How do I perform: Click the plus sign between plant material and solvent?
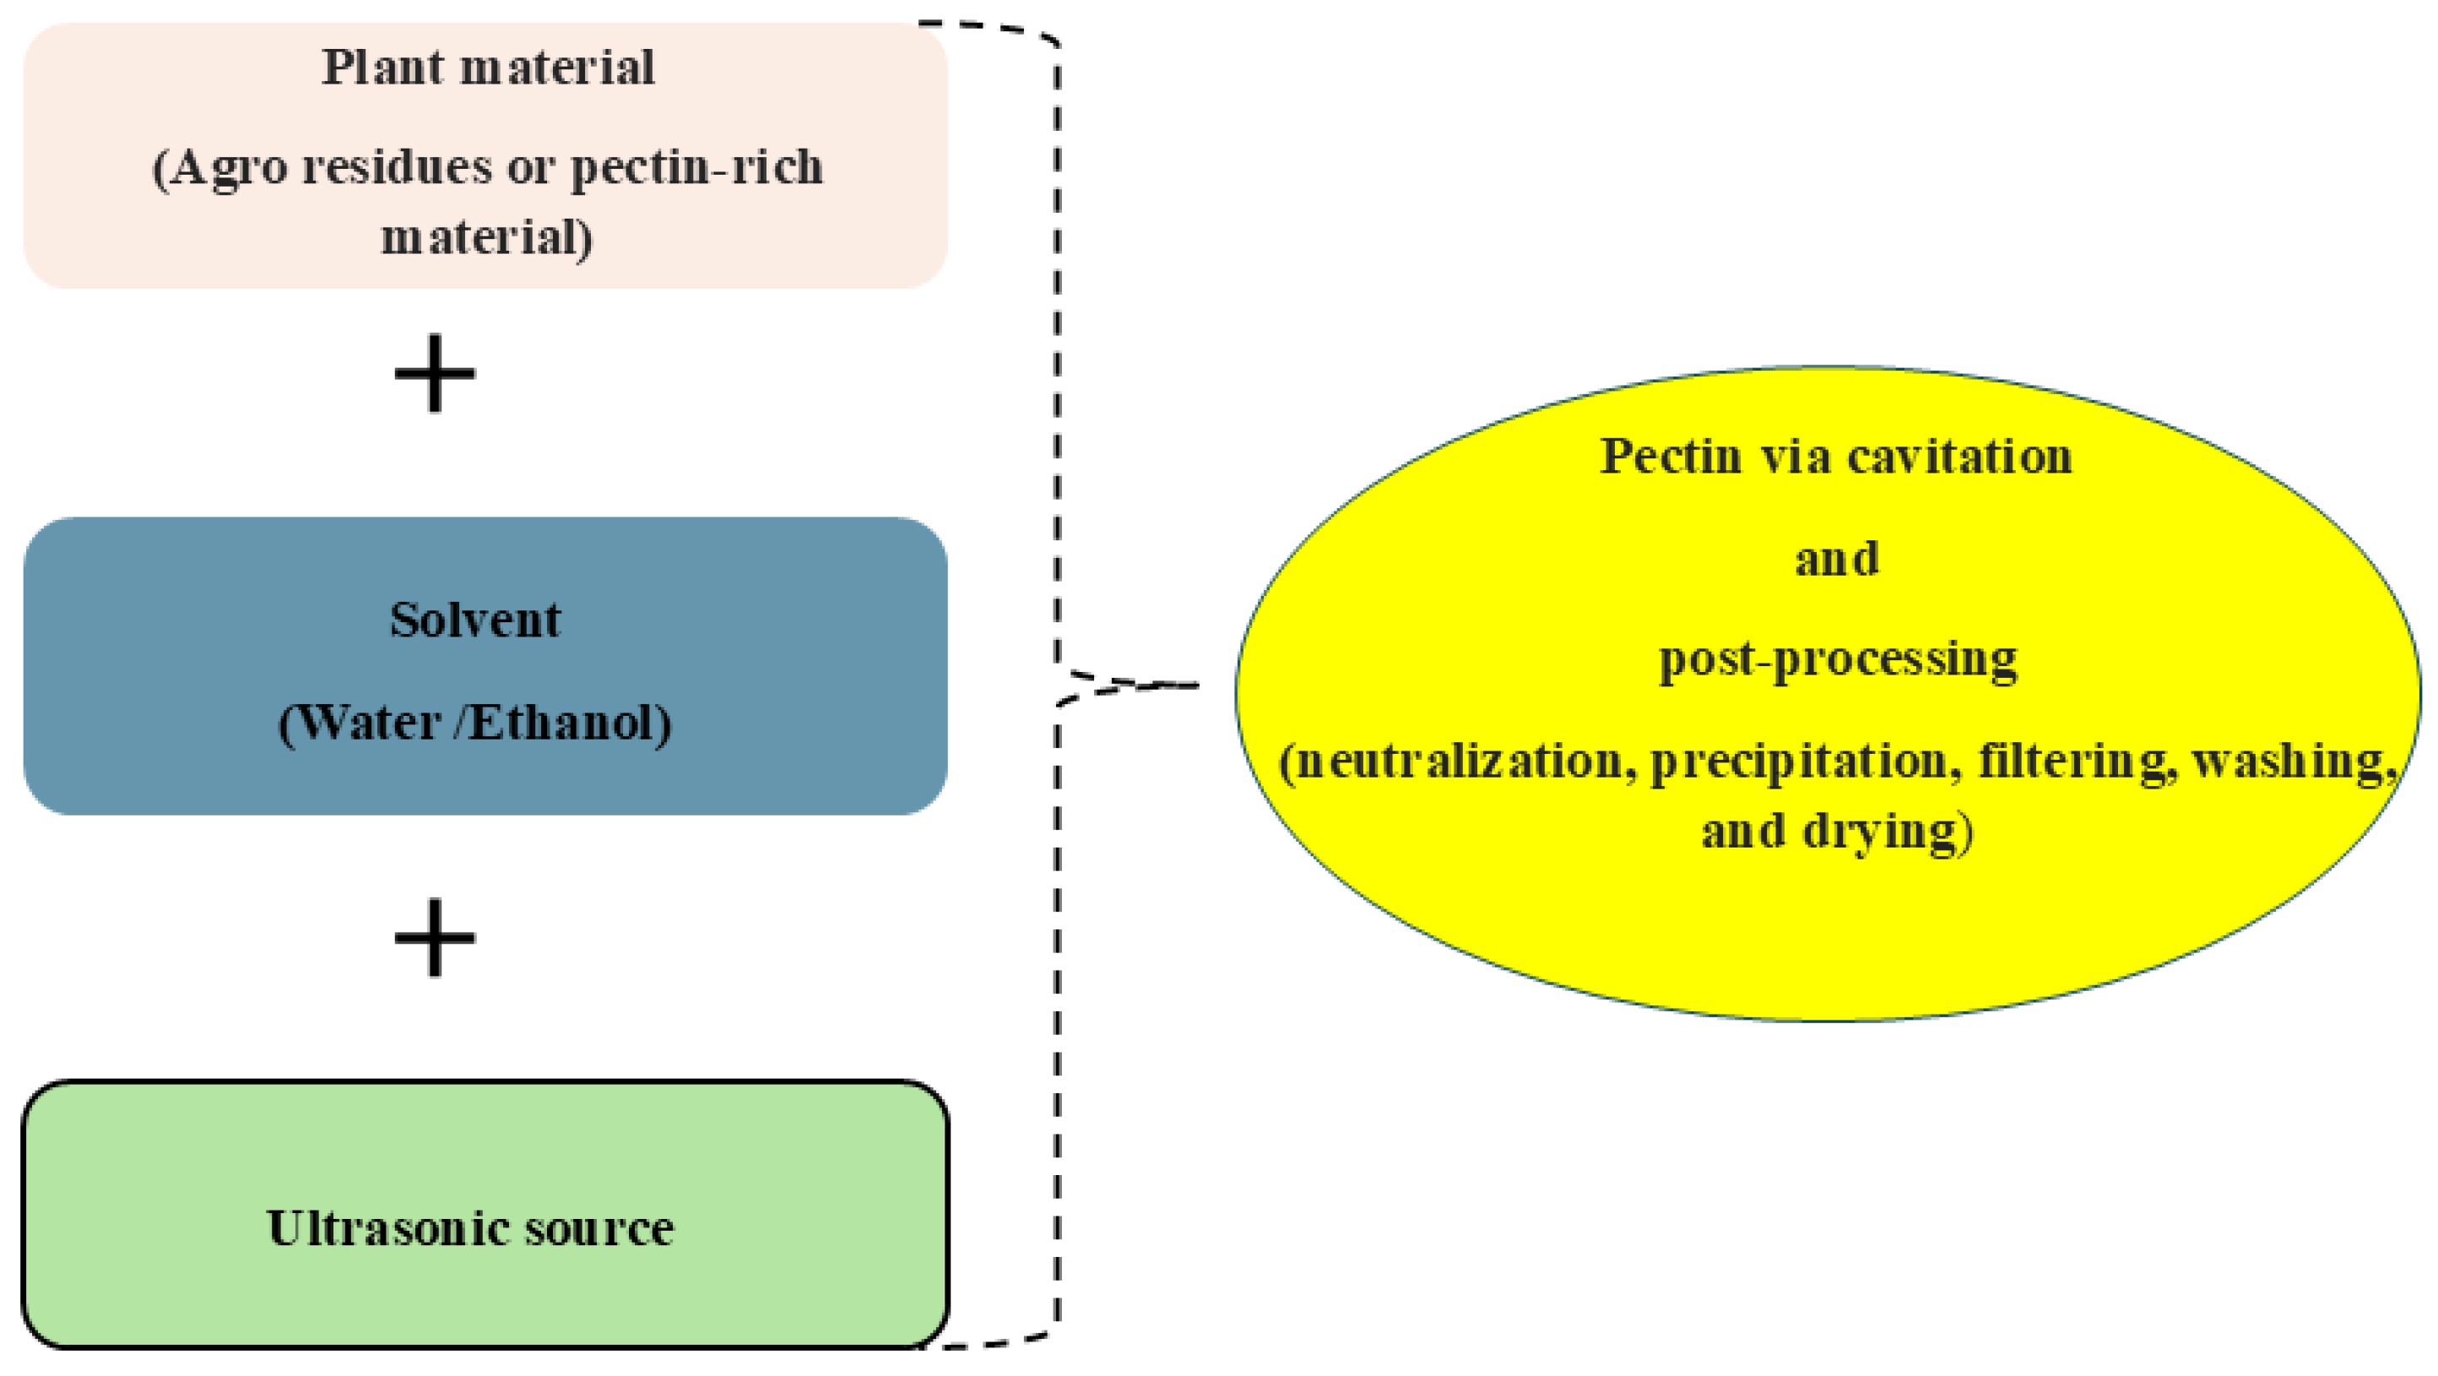tap(435, 373)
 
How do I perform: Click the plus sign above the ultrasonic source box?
tap(435, 937)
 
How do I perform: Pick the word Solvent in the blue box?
tap(475, 620)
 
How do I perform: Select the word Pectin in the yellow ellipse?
tap(1671, 456)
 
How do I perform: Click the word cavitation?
tap(1959, 456)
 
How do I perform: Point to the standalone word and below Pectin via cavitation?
tap(1836, 558)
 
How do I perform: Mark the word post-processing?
tap(1837, 659)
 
